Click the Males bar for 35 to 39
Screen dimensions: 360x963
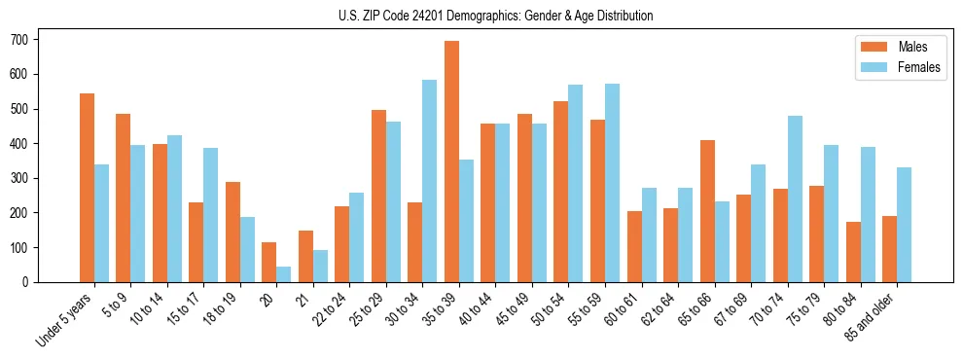point(451,162)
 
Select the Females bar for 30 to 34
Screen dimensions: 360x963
point(430,181)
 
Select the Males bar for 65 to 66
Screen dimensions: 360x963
point(707,211)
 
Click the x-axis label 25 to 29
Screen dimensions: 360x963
point(369,309)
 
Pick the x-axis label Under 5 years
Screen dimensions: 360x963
point(64,319)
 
